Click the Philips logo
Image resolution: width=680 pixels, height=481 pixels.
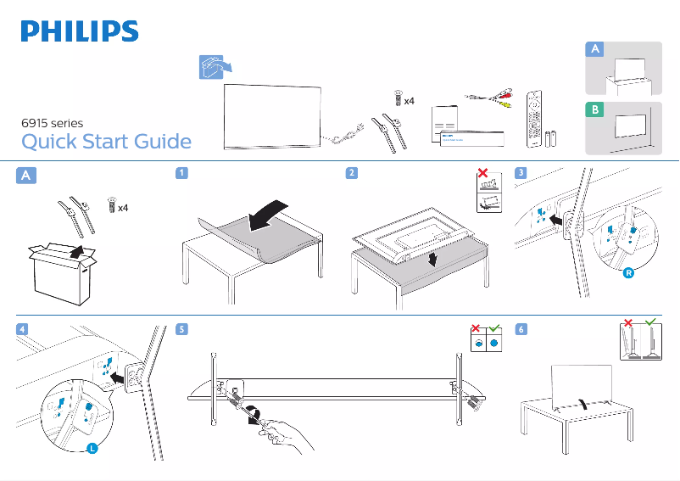point(80,31)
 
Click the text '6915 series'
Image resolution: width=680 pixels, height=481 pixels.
point(52,123)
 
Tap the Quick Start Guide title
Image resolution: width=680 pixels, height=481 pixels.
point(106,141)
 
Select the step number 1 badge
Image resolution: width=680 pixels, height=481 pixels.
point(181,174)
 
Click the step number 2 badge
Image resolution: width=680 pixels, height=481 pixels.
point(350,174)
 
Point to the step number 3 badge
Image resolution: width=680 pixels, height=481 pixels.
point(521,174)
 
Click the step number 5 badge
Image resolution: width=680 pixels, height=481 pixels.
point(181,328)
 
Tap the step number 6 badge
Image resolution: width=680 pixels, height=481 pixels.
point(521,328)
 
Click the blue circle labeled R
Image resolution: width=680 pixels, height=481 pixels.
point(628,274)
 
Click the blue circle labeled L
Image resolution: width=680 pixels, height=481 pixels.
point(91,448)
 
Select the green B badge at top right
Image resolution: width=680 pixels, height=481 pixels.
point(596,110)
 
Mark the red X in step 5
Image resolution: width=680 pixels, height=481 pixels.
point(477,327)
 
